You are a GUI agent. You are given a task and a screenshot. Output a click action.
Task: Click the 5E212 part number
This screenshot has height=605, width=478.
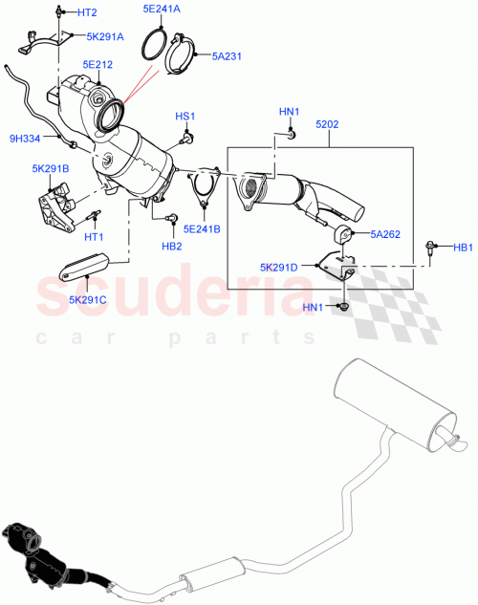click(98, 65)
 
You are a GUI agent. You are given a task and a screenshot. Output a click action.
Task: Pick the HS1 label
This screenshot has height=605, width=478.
click(185, 117)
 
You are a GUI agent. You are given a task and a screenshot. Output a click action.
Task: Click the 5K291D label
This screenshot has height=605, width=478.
click(279, 267)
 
